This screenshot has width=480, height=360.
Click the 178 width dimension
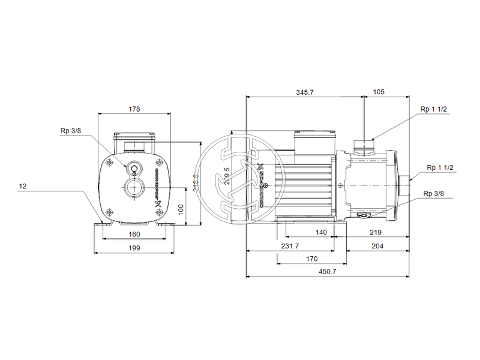point(134,109)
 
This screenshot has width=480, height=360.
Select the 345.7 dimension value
point(304,92)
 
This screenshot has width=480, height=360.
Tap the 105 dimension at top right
point(379,92)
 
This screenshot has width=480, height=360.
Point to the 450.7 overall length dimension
point(327,271)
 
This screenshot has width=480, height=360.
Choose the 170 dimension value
point(311,259)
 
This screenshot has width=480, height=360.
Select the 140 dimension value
point(322,232)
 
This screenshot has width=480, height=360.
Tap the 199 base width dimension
point(134,248)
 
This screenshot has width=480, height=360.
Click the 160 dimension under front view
point(134,234)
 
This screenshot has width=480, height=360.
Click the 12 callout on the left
point(23,187)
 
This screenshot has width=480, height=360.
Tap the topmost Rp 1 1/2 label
point(433,109)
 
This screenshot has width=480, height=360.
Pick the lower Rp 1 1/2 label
point(440,167)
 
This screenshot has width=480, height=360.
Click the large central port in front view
point(133,188)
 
